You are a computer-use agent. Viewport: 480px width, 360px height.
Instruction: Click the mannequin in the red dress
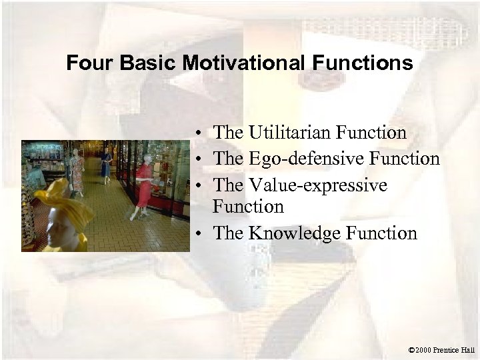coord(143,183)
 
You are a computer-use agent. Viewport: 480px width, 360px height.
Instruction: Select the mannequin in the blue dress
coord(106,167)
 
